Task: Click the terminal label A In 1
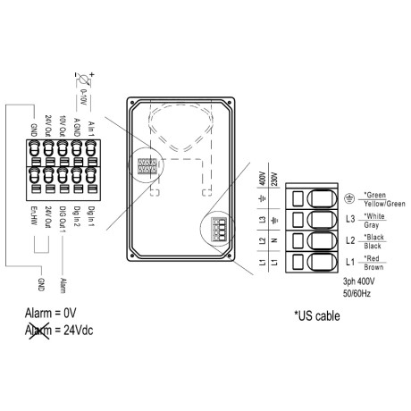(91, 129)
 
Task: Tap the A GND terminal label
(77, 127)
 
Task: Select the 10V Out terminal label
(63, 126)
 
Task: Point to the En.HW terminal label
(34, 215)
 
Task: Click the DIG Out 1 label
(63, 219)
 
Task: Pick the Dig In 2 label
(77, 216)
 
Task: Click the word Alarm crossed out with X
(38, 331)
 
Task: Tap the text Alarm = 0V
(50, 314)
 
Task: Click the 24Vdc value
(79, 331)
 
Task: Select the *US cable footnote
(317, 316)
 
